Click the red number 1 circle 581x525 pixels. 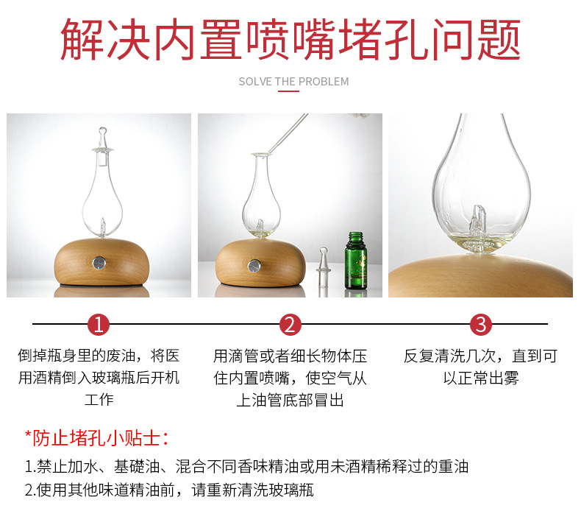(99, 324)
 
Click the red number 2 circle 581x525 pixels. (290, 324)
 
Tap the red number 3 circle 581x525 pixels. (481, 324)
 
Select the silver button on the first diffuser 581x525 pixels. (99, 262)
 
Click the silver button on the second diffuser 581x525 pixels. (254, 265)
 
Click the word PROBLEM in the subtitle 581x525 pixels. (324, 82)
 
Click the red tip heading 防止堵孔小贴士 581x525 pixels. (97, 439)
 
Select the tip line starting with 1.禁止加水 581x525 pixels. (246, 466)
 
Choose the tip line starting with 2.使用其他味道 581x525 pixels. (169, 490)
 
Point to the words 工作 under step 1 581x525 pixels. (99, 400)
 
